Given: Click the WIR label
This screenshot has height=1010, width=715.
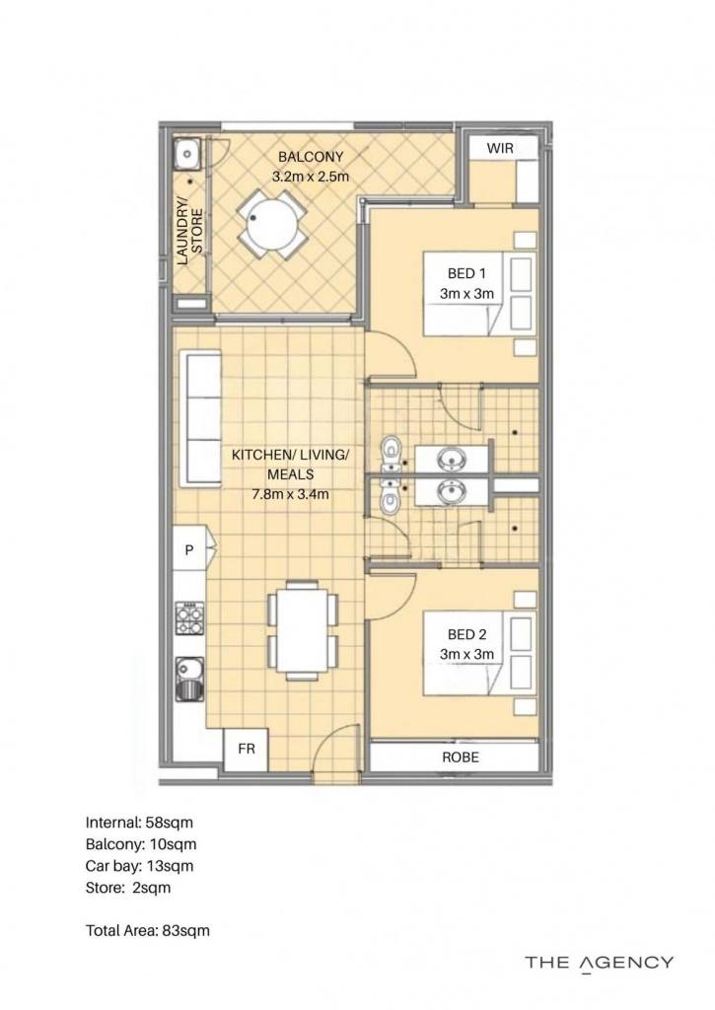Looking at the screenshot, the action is (x=500, y=148).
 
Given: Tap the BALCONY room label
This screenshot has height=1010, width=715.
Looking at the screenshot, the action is (x=311, y=157).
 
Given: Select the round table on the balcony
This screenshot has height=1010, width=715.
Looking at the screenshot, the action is (x=271, y=224).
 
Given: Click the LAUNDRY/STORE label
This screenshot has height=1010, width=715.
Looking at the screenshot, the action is (x=190, y=231).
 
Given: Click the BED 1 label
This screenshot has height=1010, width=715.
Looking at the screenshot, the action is (x=466, y=274).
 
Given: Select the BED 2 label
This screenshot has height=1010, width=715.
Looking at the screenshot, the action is (x=466, y=634).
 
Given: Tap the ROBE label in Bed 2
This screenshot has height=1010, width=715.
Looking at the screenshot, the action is (x=461, y=757).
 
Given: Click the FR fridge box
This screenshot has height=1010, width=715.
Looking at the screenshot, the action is (x=247, y=750).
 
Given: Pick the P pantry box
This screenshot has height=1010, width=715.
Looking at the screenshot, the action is (x=189, y=550).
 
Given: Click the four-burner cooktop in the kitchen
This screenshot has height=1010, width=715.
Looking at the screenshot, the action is (x=189, y=619).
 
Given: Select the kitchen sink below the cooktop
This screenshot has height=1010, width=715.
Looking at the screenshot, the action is (x=189, y=680).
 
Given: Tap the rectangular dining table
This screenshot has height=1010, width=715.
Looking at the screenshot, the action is (x=302, y=629).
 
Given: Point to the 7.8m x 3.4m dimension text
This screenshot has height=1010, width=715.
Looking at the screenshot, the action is (x=290, y=495).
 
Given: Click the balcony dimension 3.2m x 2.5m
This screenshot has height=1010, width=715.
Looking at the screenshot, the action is (x=311, y=177).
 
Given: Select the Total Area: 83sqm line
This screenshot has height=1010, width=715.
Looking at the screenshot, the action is (x=148, y=931).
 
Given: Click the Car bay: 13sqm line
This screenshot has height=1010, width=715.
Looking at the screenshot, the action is (x=139, y=866).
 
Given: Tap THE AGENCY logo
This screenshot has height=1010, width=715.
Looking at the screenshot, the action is (x=599, y=964).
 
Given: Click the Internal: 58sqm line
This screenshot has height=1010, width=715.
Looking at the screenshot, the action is (x=139, y=823).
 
